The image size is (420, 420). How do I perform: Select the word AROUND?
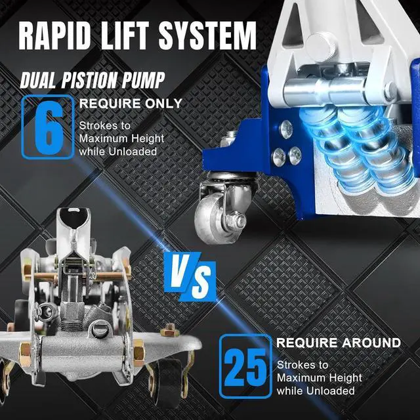(x=367, y=343)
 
